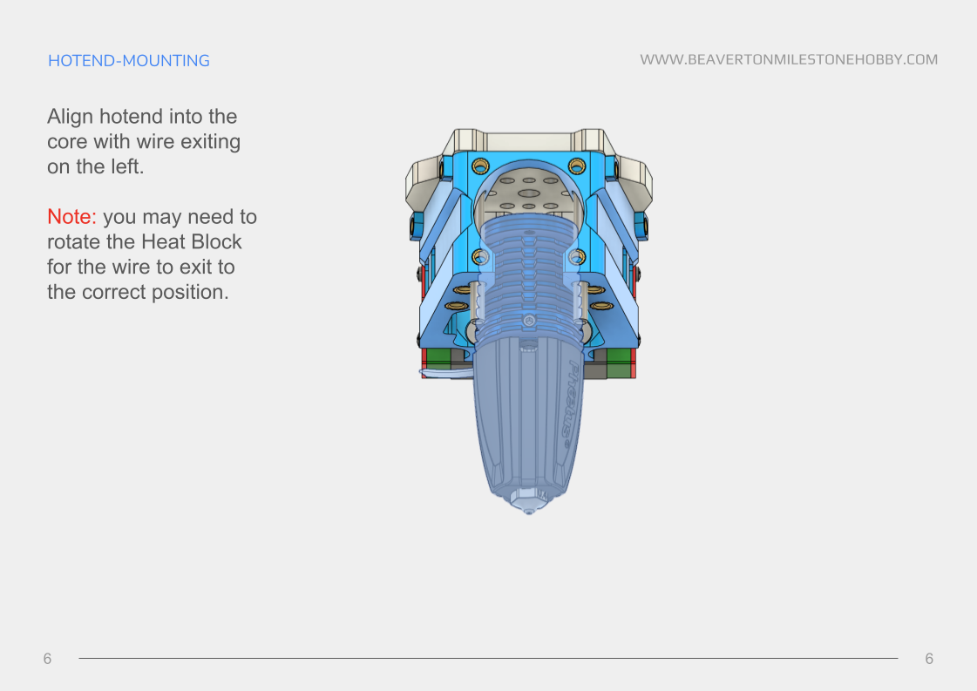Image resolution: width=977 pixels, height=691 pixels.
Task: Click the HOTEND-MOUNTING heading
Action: coord(129,61)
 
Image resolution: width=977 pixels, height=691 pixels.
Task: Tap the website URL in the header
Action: coord(789,60)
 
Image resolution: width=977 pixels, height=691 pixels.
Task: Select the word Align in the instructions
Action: coord(70,117)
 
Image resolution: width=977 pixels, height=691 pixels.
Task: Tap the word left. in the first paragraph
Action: coord(124,166)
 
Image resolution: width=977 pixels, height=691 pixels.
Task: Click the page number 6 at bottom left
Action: coord(48,659)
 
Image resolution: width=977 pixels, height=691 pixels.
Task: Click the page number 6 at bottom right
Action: coord(929,659)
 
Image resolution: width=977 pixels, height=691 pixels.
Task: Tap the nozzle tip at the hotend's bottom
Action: coord(529,510)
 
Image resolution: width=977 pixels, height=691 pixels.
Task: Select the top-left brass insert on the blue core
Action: coord(479,166)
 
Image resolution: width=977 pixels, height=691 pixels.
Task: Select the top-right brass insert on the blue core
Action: coord(576,166)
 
